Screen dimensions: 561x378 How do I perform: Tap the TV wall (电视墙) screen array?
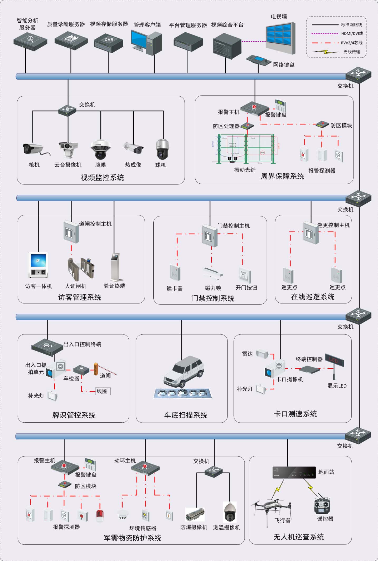coord(280,37)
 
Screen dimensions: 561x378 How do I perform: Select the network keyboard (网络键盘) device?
coord(259,60)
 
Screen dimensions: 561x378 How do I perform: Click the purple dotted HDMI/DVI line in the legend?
coord(325,34)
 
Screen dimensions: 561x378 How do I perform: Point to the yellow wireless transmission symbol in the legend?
coord(326,52)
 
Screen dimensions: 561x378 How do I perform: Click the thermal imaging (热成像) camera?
coord(134,148)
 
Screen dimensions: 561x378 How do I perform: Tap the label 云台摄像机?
coord(68,165)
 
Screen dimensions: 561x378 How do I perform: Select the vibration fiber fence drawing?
coord(245,149)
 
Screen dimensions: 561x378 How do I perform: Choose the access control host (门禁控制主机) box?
coord(210,236)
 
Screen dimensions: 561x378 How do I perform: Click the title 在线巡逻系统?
coord(313,297)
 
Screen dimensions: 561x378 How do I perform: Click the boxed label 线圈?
coord(103,391)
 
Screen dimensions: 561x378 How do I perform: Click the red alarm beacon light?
coord(100,515)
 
